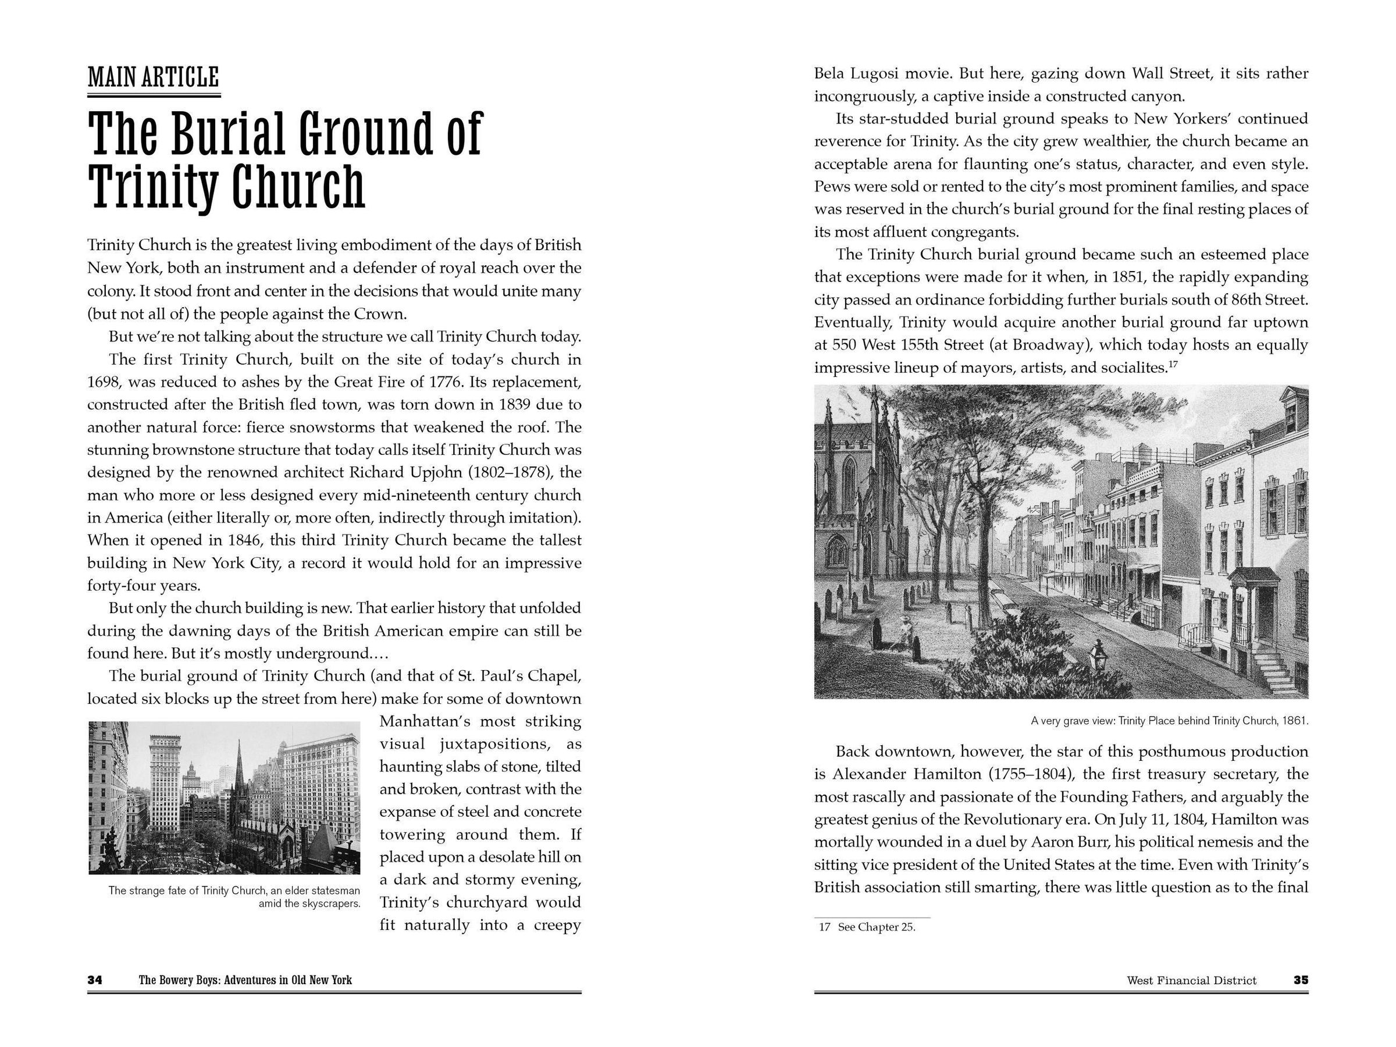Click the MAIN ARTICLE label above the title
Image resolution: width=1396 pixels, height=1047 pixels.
pos(154,77)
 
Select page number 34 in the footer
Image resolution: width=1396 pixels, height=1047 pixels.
pos(95,980)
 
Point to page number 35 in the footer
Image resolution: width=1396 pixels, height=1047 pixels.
pos(1301,980)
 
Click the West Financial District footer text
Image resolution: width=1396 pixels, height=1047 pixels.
pos(1191,981)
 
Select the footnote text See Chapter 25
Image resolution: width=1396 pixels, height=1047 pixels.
pos(876,927)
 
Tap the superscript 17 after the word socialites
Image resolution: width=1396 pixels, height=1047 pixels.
pos(1173,364)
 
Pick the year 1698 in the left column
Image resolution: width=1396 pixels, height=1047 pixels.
pos(101,382)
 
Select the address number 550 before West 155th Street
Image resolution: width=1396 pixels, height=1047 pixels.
pos(845,345)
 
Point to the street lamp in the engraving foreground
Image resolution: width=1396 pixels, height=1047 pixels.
pos(1099,656)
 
